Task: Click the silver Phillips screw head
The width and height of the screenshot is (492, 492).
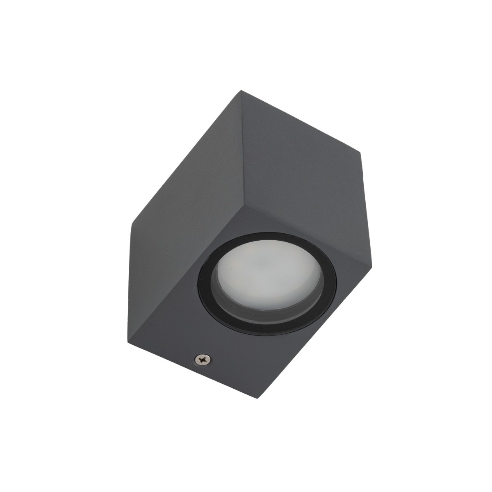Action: (201, 360)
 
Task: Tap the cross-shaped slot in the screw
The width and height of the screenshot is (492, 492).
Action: (201, 360)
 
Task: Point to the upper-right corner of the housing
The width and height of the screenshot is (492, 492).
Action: (361, 155)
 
